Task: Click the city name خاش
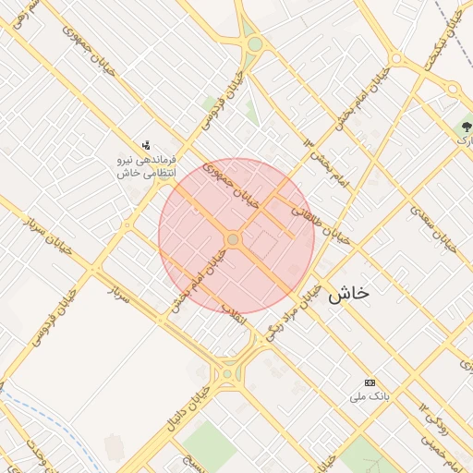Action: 348,293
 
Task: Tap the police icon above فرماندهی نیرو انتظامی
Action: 146,144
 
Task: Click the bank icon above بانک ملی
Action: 370,382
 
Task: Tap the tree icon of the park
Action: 465,127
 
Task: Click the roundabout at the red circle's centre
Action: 234,239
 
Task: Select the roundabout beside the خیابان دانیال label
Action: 227,374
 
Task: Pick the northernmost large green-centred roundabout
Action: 253,43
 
